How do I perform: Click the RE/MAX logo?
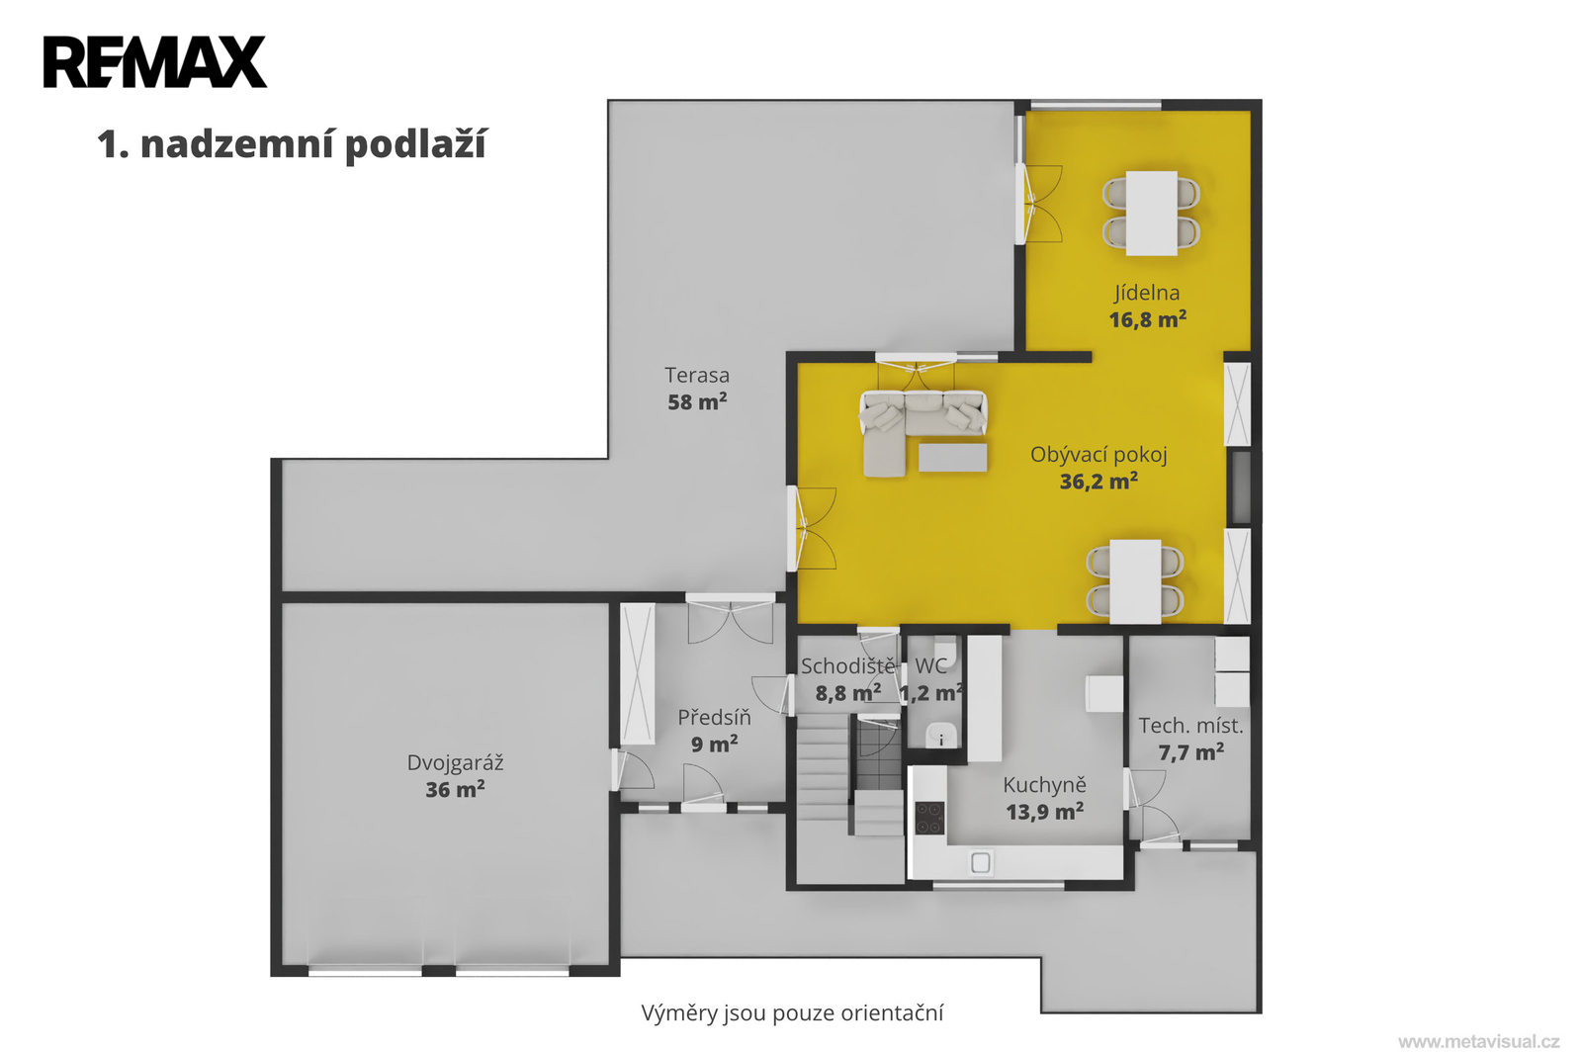(155, 62)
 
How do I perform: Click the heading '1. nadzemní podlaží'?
(292, 144)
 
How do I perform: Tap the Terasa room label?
(697, 375)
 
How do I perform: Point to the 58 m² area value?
(697, 401)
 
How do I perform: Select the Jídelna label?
(1147, 294)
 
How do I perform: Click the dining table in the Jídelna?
(1151, 213)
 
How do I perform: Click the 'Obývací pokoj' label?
(1099, 455)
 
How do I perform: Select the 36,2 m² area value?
(1099, 482)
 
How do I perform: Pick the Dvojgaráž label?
(455, 763)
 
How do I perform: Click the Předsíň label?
(714, 718)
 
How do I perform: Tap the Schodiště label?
(847, 666)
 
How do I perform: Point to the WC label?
(930, 665)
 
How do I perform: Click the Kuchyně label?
(1044, 785)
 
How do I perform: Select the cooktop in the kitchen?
(929, 818)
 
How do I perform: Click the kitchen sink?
(980, 862)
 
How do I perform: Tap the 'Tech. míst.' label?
(1190, 726)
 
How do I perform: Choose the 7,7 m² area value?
(1190, 752)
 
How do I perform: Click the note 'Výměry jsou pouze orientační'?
(792, 1013)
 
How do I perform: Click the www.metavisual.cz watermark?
(1479, 1042)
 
